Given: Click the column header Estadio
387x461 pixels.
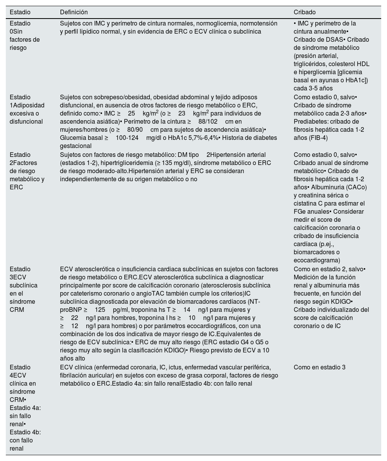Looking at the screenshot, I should pos(20,12).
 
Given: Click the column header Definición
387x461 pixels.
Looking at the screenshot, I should pos(74,12).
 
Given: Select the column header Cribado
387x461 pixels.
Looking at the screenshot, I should pos(305,12).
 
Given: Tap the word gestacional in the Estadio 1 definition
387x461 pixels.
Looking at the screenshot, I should pos(75,146).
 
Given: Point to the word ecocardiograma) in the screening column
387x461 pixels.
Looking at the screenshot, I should pos(317,260).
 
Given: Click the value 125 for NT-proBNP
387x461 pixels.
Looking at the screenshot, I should pos(100,310).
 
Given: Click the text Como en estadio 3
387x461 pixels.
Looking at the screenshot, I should pos(319,367).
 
